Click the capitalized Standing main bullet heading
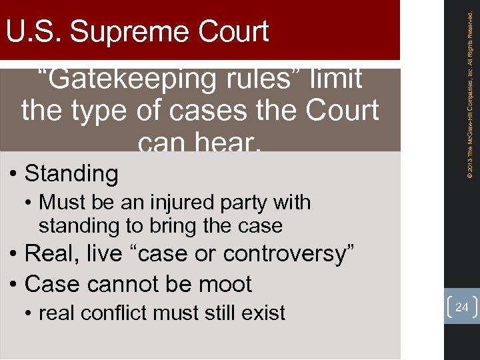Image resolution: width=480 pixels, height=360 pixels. point(71,174)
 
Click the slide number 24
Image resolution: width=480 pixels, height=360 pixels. point(461,307)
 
